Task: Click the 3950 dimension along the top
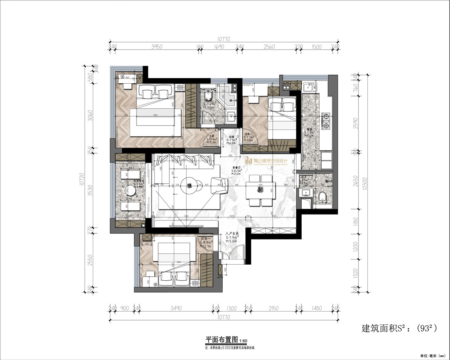(x=157, y=47)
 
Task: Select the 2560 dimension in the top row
(x=269, y=47)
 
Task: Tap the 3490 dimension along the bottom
(x=176, y=308)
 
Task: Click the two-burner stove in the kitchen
(x=326, y=121)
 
